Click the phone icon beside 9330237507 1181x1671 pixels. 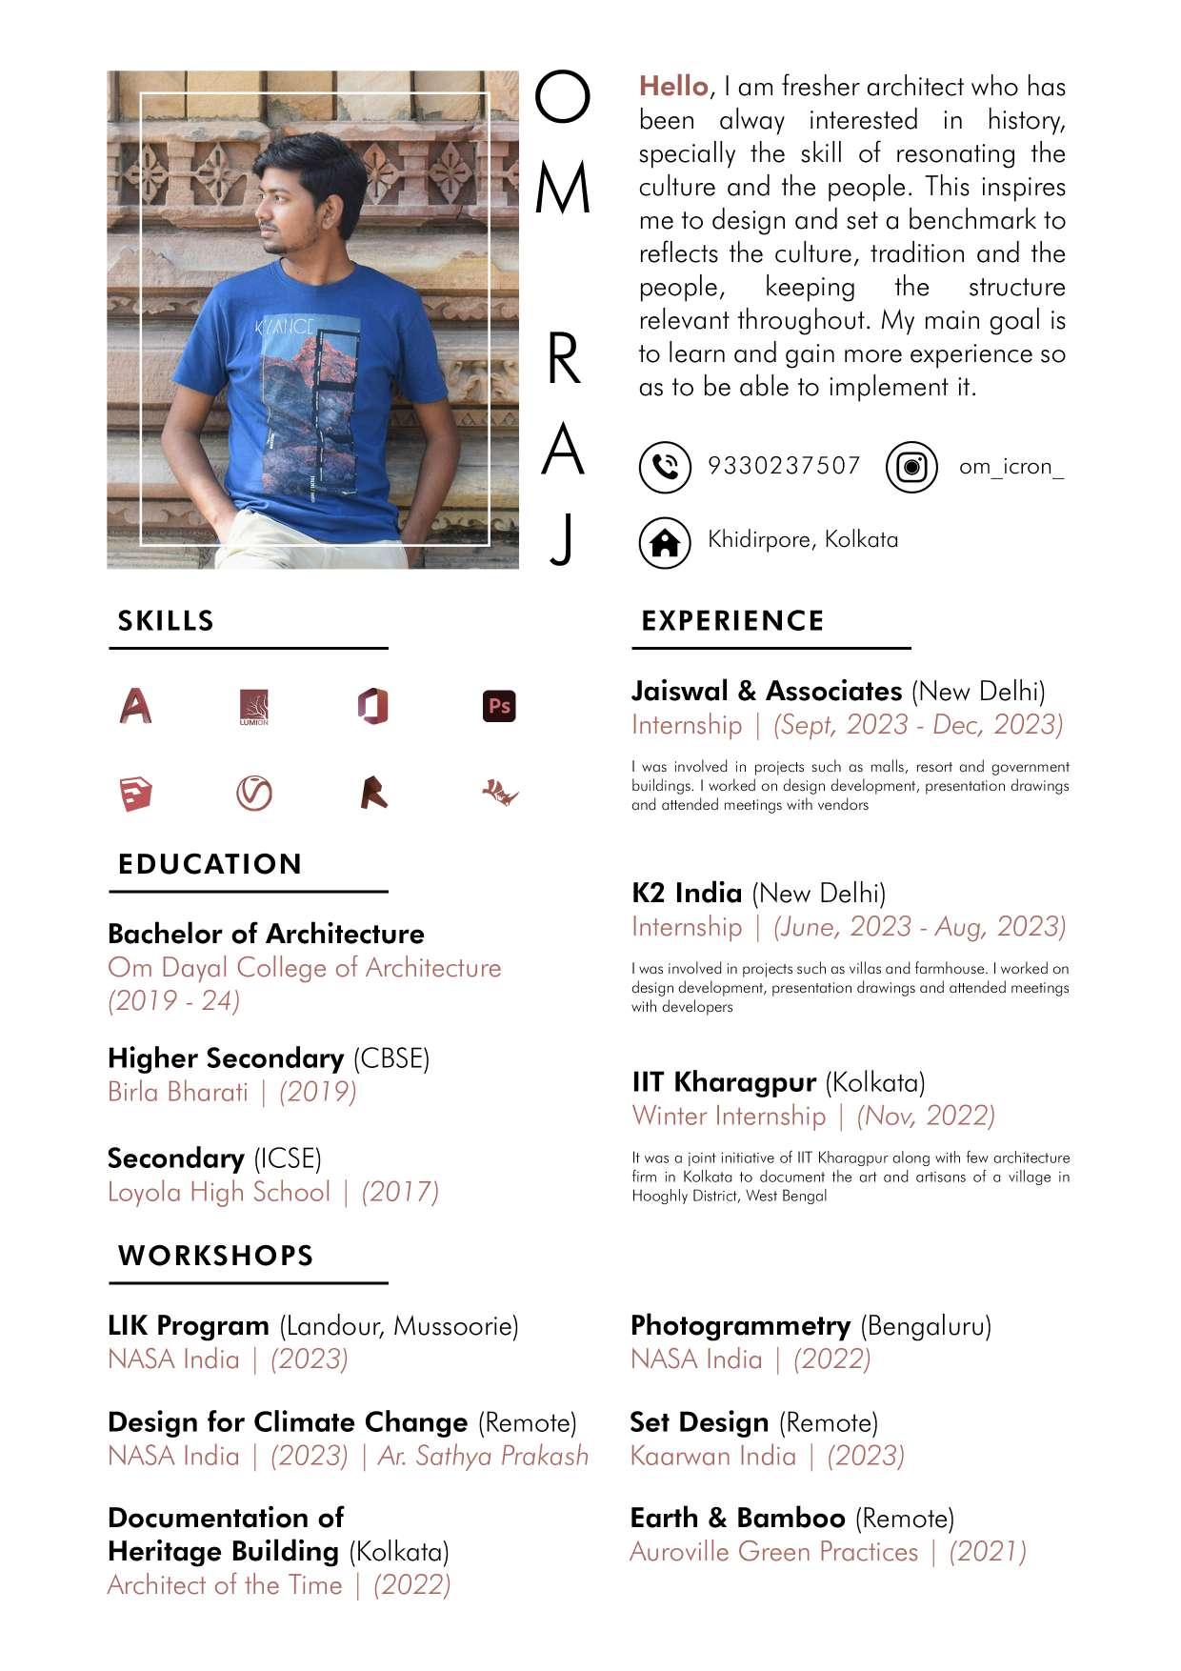pos(664,467)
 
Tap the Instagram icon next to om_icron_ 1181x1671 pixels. pos(911,467)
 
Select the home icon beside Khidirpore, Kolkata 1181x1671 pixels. pos(664,542)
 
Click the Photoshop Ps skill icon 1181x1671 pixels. pos(499,706)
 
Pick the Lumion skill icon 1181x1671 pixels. pos(254,707)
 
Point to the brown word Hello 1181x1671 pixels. pos(673,87)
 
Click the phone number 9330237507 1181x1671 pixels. pos(784,466)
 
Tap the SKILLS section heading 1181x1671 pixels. pos(166,621)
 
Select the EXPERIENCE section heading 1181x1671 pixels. pos(732,621)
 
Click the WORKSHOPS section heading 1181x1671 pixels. pos(215,1256)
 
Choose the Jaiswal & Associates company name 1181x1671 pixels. pos(766,691)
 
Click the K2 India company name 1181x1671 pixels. pos(686,893)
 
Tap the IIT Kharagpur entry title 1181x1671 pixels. pos(724,1082)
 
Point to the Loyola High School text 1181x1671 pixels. pos(219,1192)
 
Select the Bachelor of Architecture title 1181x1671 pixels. pos(266,934)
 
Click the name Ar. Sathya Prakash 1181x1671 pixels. pos(483,1456)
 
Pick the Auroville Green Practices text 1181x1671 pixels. pos(773,1552)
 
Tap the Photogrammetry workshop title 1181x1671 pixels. pos(740,1325)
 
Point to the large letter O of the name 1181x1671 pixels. pos(562,98)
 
